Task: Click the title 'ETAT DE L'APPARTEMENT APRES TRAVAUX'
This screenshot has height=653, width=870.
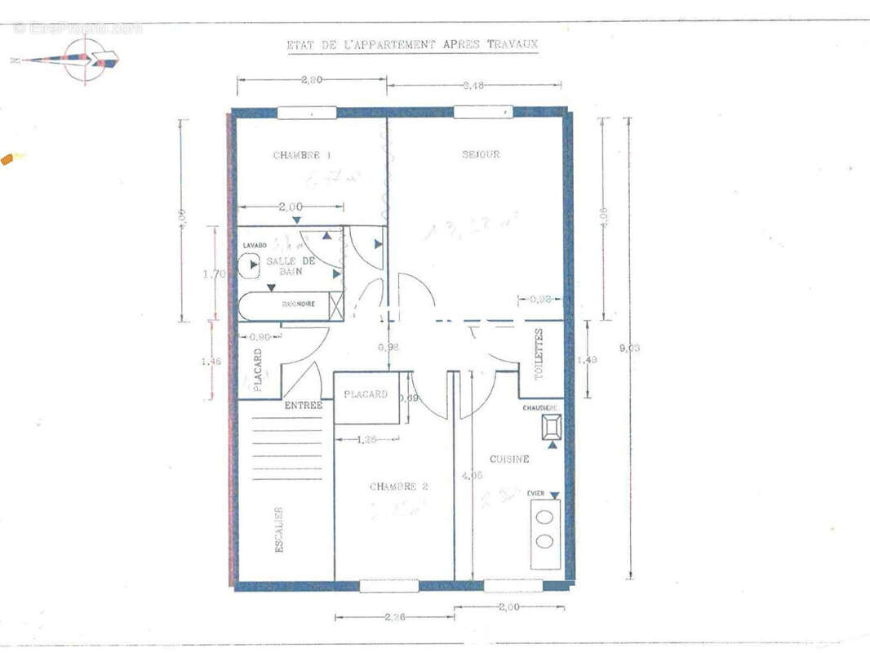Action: tap(412, 45)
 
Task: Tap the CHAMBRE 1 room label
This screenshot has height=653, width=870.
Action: tap(302, 155)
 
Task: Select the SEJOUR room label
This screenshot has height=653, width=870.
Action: tap(481, 154)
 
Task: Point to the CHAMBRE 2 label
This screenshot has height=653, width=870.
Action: tap(399, 486)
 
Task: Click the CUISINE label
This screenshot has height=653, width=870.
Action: tap(509, 459)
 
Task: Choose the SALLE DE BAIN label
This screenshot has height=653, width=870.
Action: tap(291, 266)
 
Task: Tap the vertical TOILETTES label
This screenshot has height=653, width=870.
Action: tap(539, 354)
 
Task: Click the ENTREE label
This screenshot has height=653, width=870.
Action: tap(304, 405)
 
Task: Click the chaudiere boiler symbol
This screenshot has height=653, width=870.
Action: tap(552, 426)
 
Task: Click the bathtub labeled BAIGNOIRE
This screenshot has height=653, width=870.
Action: tap(290, 304)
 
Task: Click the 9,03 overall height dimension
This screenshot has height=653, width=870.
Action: tap(629, 348)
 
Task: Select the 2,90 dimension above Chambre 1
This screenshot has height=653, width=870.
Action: tap(311, 80)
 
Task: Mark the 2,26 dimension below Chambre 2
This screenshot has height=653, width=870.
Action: tap(394, 617)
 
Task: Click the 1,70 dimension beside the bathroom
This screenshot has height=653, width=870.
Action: tap(213, 274)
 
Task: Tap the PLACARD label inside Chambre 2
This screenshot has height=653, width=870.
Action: tap(365, 394)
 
